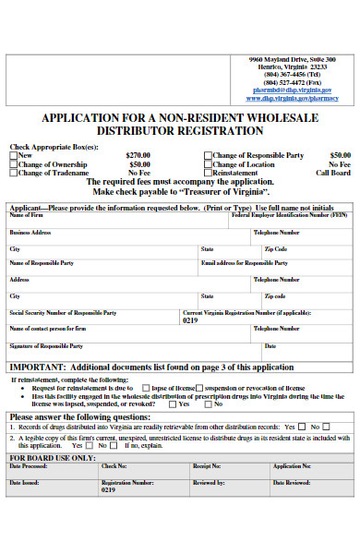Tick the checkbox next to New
tap(14, 155)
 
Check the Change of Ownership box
tap(14, 163)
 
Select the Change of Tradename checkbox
tap(14, 173)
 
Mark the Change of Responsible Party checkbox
tap(209, 155)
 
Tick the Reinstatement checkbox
tap(209, 173)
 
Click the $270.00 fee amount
tap(138, 155)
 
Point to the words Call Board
tap(333, 173)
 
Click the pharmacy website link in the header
tap(293, 98)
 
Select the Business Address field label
tap(30, 233)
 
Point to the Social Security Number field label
tap(62, 312)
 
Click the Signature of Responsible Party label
tap(45, 345)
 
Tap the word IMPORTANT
tap(36, 366)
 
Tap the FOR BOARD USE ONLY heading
tap(52, 457)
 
